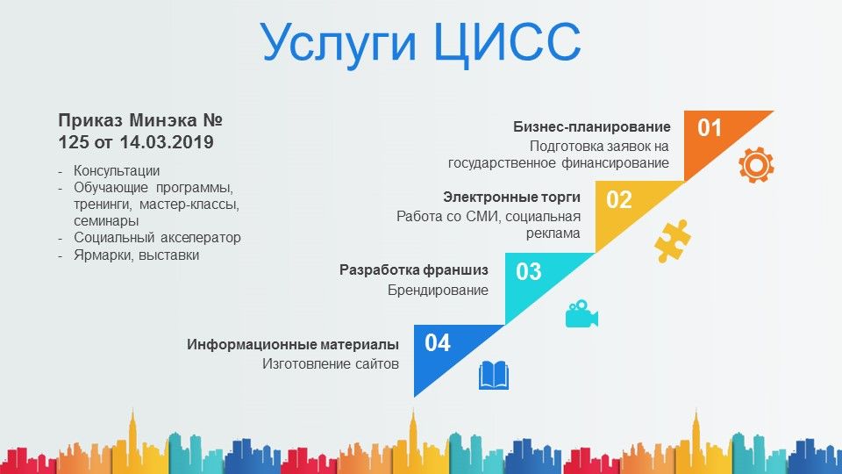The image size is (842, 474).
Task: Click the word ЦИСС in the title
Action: pyautogui.click(x=507, y=42)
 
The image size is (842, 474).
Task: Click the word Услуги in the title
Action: pyautogui.click(x=339, y=45)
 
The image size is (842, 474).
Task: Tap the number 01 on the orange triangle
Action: pyautogui.click(x=710, y=128)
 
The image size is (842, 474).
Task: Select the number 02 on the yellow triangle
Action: pyautogui.click(x=619, y=200)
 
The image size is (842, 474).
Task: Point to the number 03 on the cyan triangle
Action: pyautogui.click(x=529, y=271)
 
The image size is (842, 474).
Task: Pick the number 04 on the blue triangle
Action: pyautogui.click(x=438, y=343)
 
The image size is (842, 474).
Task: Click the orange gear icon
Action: pyautogui.click(x=756, y=165)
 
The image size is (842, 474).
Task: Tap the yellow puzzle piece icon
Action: pyautogui.click(x=673, y=241)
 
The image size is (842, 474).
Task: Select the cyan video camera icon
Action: pyautogui.click(x=582, y=313)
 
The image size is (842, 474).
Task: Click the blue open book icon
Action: pyautogui.click(x=494, y=375)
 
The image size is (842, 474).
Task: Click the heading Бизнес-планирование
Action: pyautogui.click(x=592, y=126)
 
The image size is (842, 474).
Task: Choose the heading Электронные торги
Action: pyautogui.click(x=511, y=197)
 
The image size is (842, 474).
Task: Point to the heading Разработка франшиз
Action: pyautogui.click(x=414, y=269)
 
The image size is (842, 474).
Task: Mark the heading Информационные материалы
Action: pyautogui.click(x=293, y=344)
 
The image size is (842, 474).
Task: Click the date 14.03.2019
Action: pyautogui.click(x=167, y=142)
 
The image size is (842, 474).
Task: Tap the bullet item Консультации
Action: pyautogui.click(x=117, y=171)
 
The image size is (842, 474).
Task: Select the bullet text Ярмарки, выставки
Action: pyautogui.click(x=137, y=255)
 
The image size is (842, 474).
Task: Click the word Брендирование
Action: pyautogui.click(x=439, y=291)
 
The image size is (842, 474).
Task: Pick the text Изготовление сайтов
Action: pyautogui.click(x=331, y=363)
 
